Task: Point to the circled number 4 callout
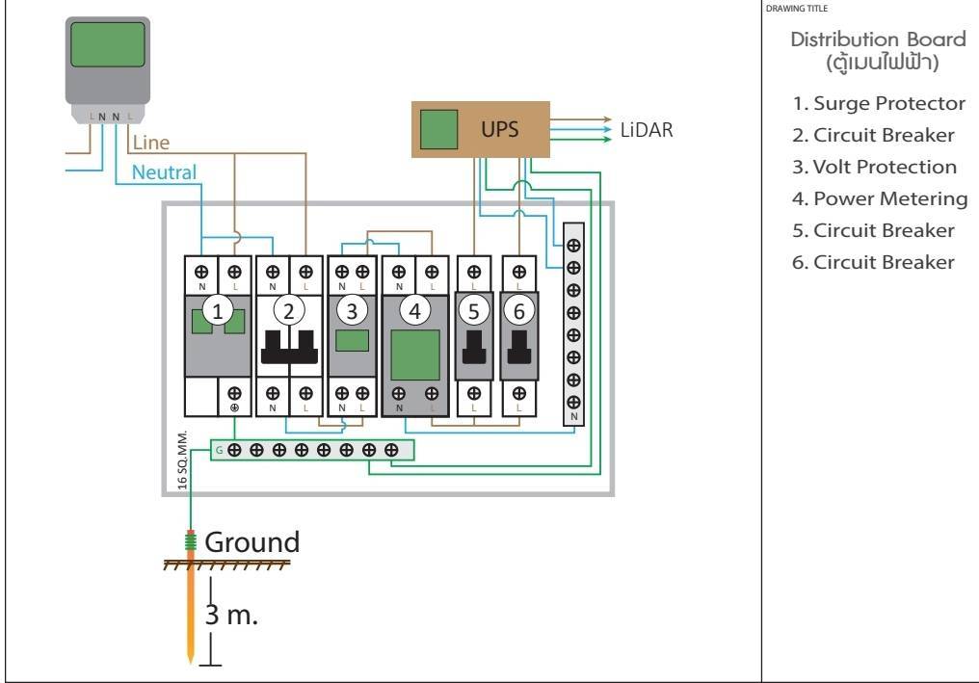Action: click(414, 310)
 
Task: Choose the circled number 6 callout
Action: click(518, 310)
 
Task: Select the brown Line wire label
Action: click(151, 144)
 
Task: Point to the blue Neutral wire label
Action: click(164, 172)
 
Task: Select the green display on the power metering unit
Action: click(414, 355)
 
